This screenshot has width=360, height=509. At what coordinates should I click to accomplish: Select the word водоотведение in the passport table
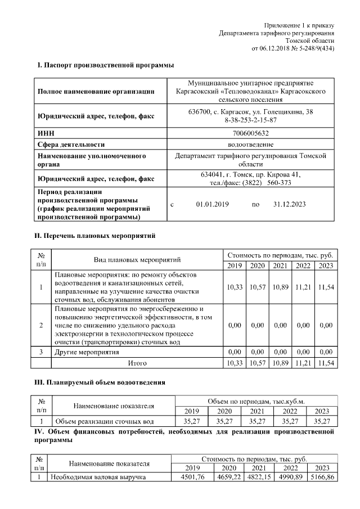pyautogui.click(x=250, y=144)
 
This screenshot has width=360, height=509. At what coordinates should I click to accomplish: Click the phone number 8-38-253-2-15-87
pyautogui.click(x=250, y=120)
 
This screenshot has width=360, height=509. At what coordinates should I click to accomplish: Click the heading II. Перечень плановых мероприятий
pyautogui.click(x=96, y=236)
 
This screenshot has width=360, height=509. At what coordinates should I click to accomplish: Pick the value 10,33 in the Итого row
pyautogui.click(x=235, y=363)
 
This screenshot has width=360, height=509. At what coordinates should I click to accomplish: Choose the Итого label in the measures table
pyautogui.click(x=137, y=363)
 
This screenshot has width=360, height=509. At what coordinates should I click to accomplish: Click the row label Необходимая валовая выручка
pyautogui.click(x=97, y=477)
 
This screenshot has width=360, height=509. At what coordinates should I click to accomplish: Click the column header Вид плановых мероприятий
pyautogui.click(x=137, y=260)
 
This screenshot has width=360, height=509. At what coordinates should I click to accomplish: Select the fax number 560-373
pyautogui.click(x=279, y=183)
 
